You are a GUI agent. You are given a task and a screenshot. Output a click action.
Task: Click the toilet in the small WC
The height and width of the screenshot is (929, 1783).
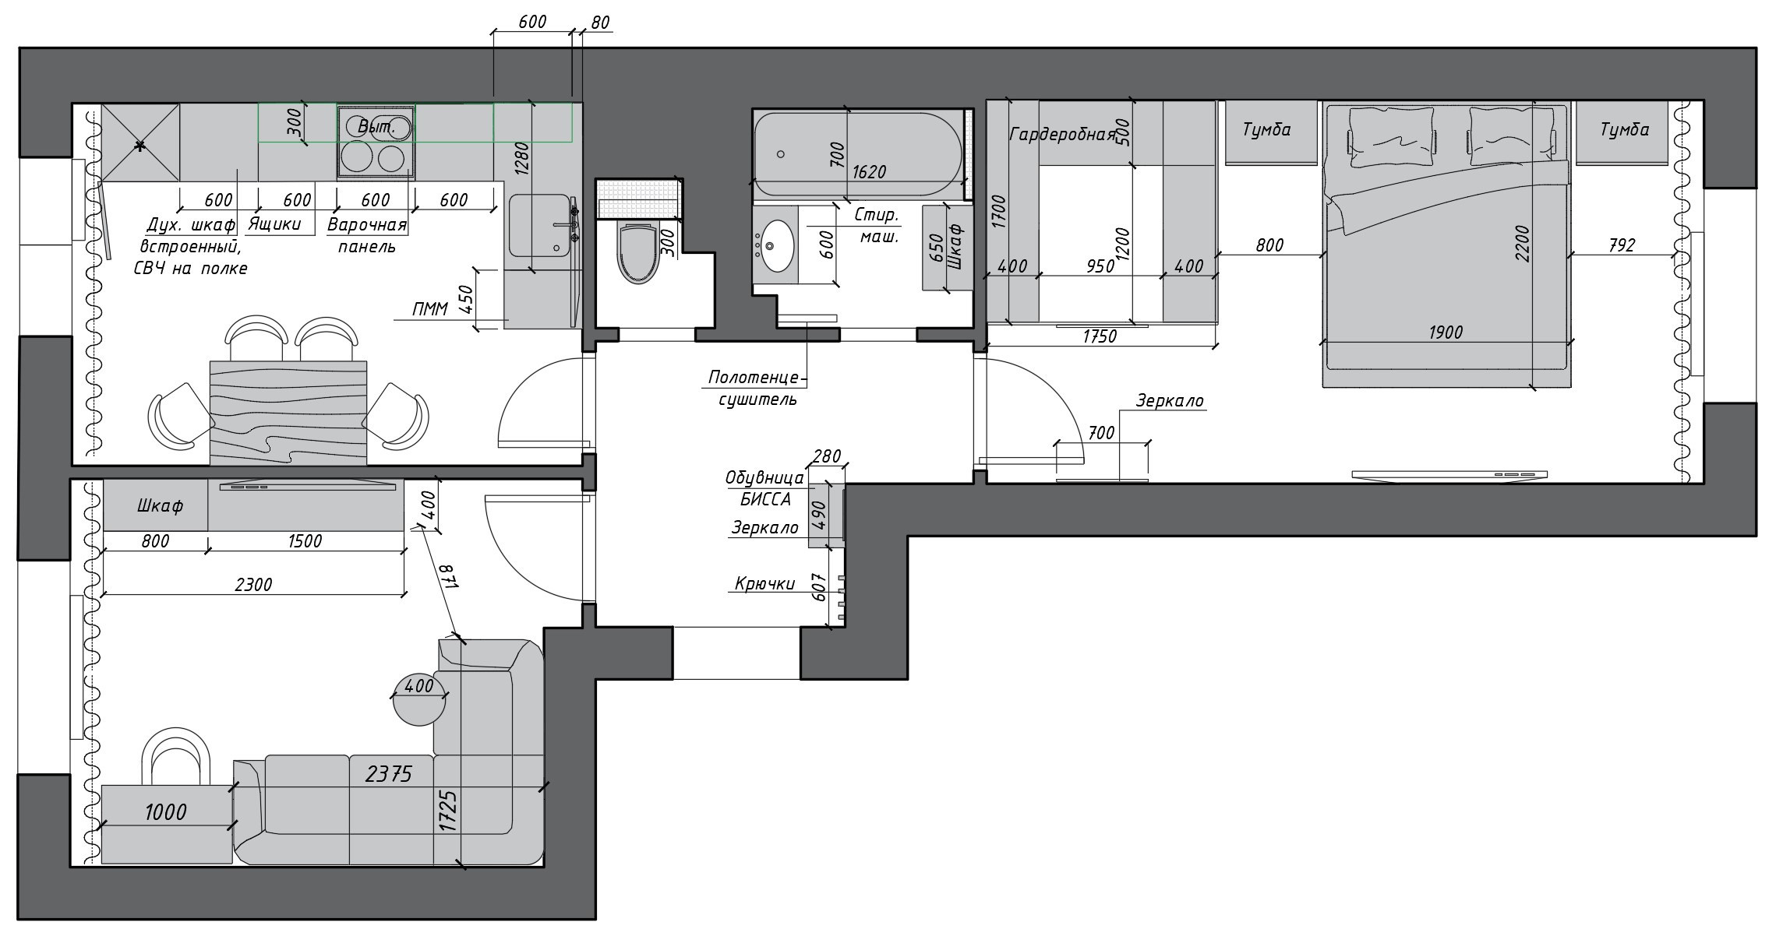coord(638,252)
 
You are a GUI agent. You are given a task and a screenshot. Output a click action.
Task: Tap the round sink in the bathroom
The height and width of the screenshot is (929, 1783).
coord(776,245)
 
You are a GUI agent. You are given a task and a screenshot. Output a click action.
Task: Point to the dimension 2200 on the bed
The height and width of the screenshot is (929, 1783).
coord(1523,243)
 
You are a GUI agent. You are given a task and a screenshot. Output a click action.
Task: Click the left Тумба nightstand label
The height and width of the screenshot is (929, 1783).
coord(1266,130)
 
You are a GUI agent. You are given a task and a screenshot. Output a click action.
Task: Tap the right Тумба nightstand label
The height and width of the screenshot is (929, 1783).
coord(1624,130)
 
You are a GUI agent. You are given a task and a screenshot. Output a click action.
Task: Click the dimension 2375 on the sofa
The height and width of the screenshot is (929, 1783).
coord(388,774)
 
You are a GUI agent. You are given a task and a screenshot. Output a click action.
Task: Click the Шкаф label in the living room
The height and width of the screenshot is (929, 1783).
coord(160,506)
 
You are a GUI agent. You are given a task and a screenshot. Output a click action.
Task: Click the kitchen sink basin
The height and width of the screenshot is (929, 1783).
coord(539,226)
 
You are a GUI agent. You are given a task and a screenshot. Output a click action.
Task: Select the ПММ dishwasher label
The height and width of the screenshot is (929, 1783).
coord(431,310)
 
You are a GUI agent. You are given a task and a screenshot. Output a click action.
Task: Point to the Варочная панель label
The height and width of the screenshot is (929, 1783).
coord(367,235)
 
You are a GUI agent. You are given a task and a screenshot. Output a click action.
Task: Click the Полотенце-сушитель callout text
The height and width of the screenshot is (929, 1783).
coord(753,389)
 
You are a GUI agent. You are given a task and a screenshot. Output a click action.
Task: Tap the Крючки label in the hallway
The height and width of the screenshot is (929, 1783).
coord(764,584)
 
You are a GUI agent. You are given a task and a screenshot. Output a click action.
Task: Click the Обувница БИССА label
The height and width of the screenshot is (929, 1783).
coord(764,488)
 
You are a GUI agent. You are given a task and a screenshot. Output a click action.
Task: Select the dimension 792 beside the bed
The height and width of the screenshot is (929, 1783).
coord(1621,245)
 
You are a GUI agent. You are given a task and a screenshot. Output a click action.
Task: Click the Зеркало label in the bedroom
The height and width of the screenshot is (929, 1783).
coord(1169,401)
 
